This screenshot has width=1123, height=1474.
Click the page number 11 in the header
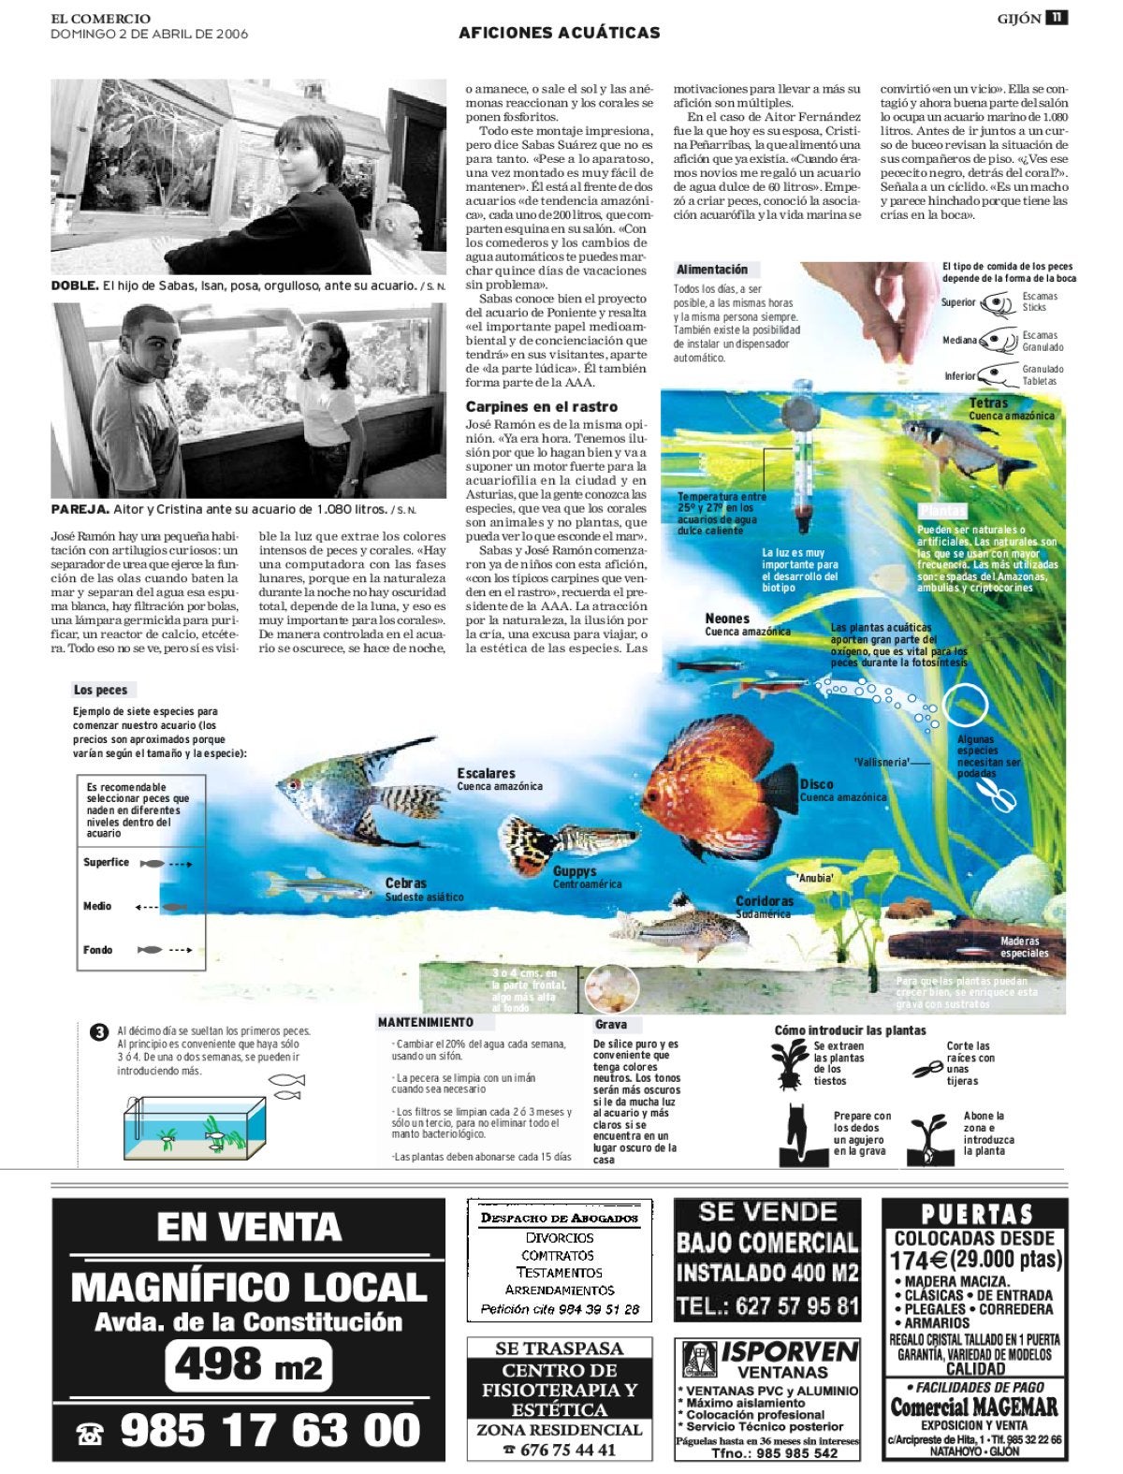[1057, 18]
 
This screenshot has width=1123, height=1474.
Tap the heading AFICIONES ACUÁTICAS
[559, 33]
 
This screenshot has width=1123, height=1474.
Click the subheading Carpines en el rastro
[541, 407]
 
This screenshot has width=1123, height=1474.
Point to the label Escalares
[486, 773]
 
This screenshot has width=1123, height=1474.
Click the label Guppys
[574, 871]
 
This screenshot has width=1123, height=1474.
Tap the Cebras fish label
[405, 883]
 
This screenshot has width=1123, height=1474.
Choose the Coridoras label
[764, 901]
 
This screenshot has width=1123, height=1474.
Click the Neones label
[727, 619]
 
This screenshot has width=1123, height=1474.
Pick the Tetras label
[988, 403]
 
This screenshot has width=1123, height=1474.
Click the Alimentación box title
[712, 270]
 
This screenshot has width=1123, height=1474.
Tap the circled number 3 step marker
[98, 1033]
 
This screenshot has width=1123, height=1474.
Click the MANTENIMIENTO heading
[425, 1023]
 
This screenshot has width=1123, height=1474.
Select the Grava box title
[610, 1025]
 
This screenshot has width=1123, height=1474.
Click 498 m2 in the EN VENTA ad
[248, 1366]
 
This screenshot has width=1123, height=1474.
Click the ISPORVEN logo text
[789, 1352]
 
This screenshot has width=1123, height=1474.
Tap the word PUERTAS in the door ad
[977, 1216]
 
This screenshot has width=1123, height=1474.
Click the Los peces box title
[100, 690]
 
